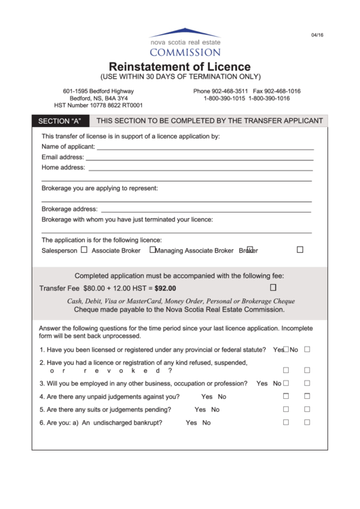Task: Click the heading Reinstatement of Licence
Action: point(180,67)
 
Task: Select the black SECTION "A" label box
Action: point(60,121)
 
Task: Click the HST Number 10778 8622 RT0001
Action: point(98,106)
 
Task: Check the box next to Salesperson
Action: point(84,249)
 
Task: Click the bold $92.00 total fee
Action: point(165,288)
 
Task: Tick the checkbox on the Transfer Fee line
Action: point(273,287)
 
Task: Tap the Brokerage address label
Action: point(69,209)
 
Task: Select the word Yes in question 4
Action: point(206,396)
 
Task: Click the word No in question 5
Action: point(215,409)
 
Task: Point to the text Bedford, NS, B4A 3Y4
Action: point(98,99)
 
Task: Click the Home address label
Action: point(63,167)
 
